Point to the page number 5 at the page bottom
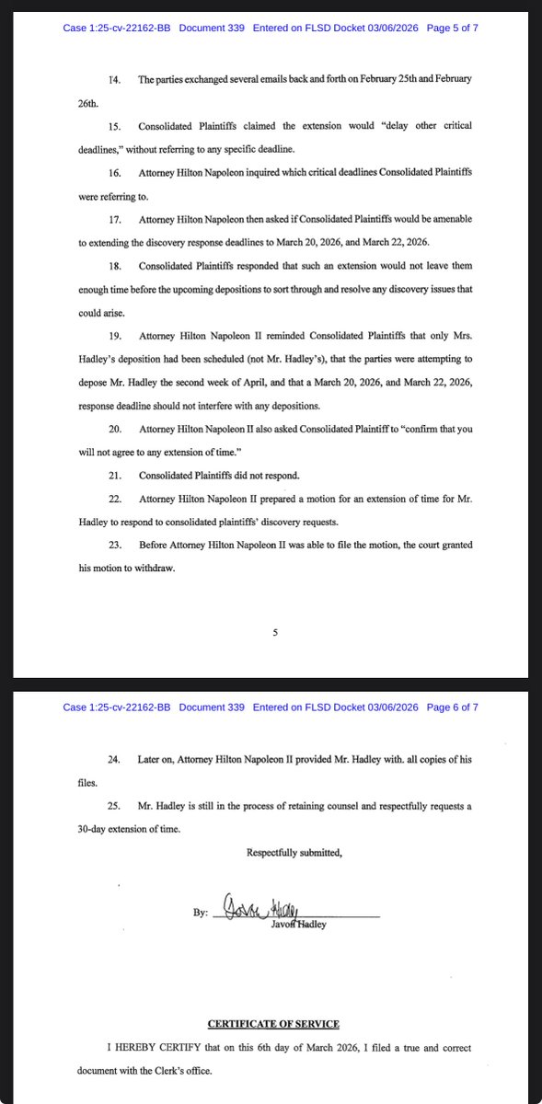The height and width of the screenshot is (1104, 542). click(275, 632)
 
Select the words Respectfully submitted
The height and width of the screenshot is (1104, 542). click(294, 853)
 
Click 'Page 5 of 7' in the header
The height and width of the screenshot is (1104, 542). click(450, 28)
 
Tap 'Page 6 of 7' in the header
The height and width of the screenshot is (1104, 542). click(450, 707)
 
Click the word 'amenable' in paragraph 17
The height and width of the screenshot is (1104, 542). click(445, 219)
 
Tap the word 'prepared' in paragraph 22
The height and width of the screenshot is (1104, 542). click(275, 498)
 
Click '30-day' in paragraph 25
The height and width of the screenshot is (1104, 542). click(96, 828)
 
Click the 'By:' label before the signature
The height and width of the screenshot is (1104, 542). click(201, 914)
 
